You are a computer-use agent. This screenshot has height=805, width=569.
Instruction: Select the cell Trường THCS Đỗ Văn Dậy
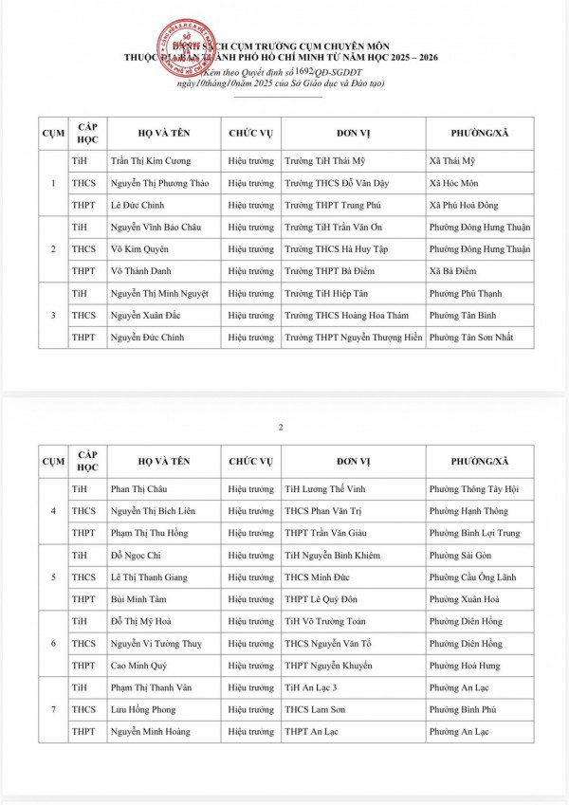point(337,183)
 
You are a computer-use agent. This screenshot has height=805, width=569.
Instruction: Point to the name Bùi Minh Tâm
point(138,599)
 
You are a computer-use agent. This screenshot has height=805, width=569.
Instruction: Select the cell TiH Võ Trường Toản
point(325,622)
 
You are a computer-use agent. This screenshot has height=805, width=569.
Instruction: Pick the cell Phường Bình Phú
point(461,709)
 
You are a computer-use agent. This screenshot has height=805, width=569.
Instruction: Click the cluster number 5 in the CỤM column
point(53,577)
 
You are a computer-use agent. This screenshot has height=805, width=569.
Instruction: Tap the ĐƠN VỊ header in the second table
point(351,461)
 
